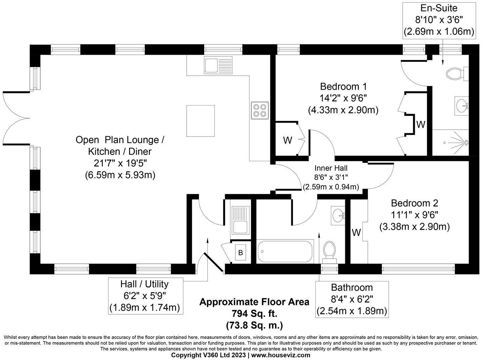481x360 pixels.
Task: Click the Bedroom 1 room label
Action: pos(343,87)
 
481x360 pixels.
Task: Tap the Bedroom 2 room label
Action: pos(414,203)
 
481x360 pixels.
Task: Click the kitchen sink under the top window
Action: pos(218,65)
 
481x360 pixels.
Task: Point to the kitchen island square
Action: pos(201,121)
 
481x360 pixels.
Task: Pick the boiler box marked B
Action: pos(240,253)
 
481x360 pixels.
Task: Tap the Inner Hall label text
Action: pos(331,168)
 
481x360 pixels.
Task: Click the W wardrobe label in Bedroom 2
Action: pos(356,232)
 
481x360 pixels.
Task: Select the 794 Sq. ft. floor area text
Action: pos(254,314)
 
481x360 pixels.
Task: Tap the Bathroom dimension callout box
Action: pos(352,299)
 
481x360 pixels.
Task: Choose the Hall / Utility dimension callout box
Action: pos(144,296)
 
